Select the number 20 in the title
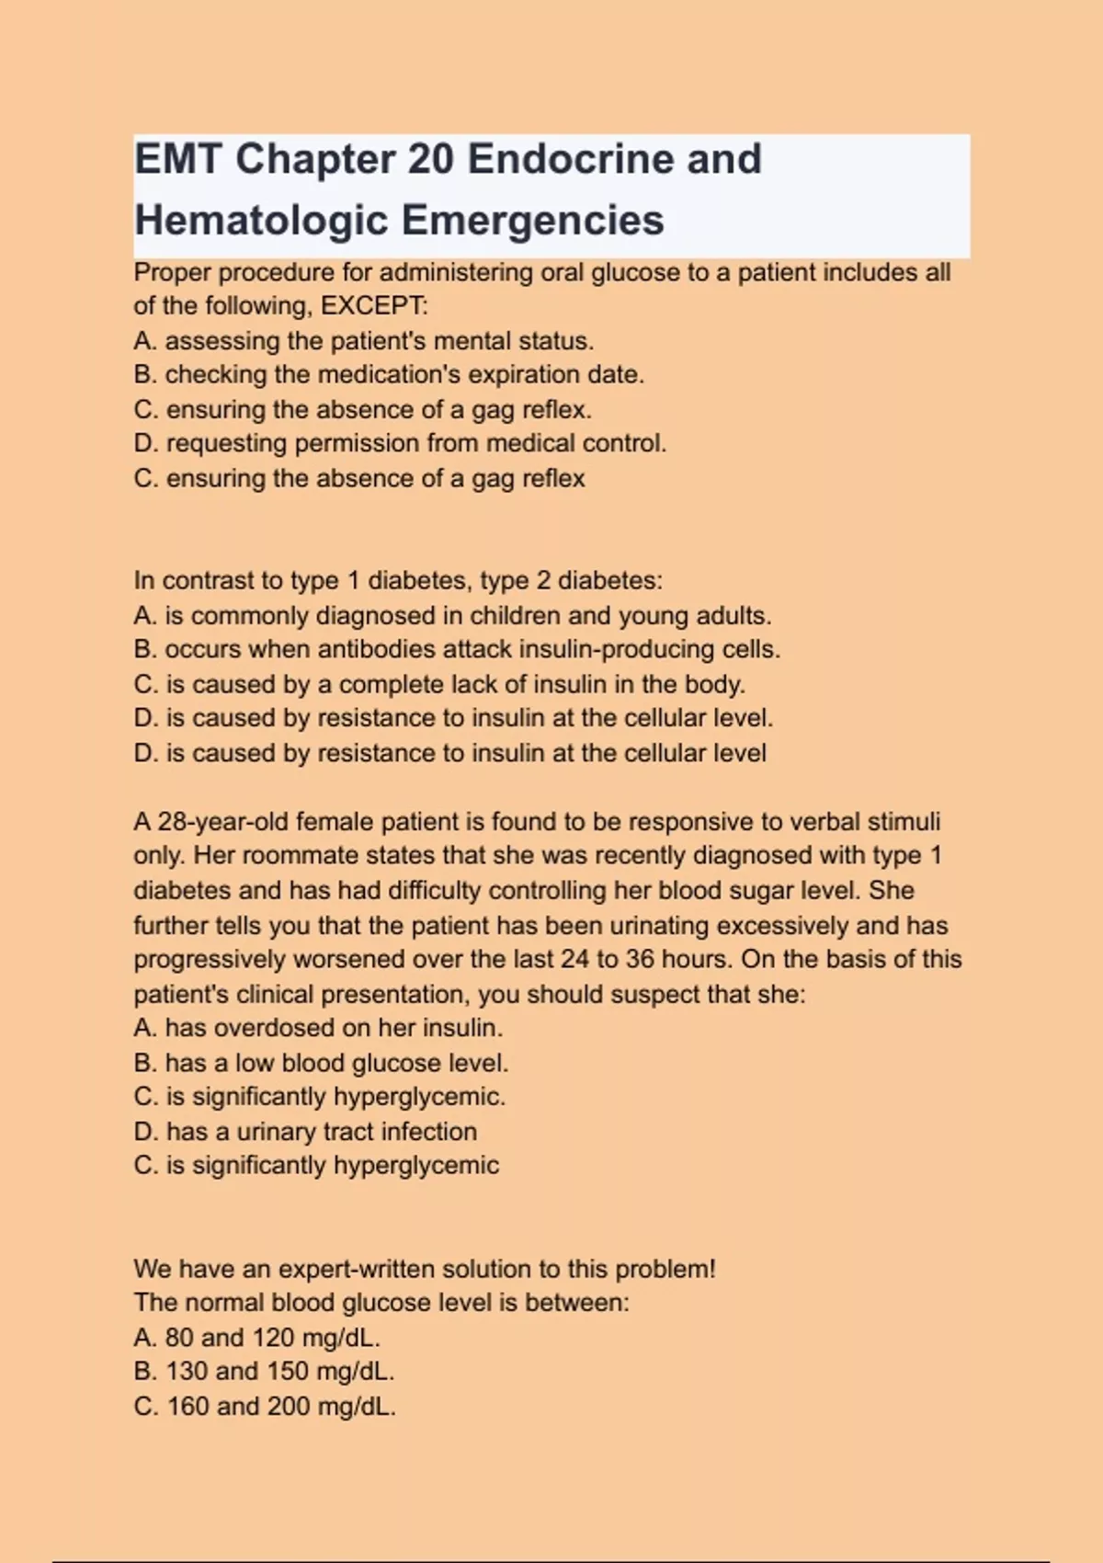click(x=430, y=159)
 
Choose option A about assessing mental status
click(x=363, y=341)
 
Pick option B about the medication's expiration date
click(x=389, y=375)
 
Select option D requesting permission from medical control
click(x=400, y=443)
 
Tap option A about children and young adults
click(x=452, y=615)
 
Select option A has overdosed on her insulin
click(x=318, y=1028)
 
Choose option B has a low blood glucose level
click(x=321, y=1063)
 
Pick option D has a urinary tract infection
click(x=305, y=1132)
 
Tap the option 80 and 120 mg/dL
click(x=256, y=1338)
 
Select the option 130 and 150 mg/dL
click(x=264, y=1372)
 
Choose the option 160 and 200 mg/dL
click(x=265, y=1407)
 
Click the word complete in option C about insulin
click(x=391, y=684)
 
